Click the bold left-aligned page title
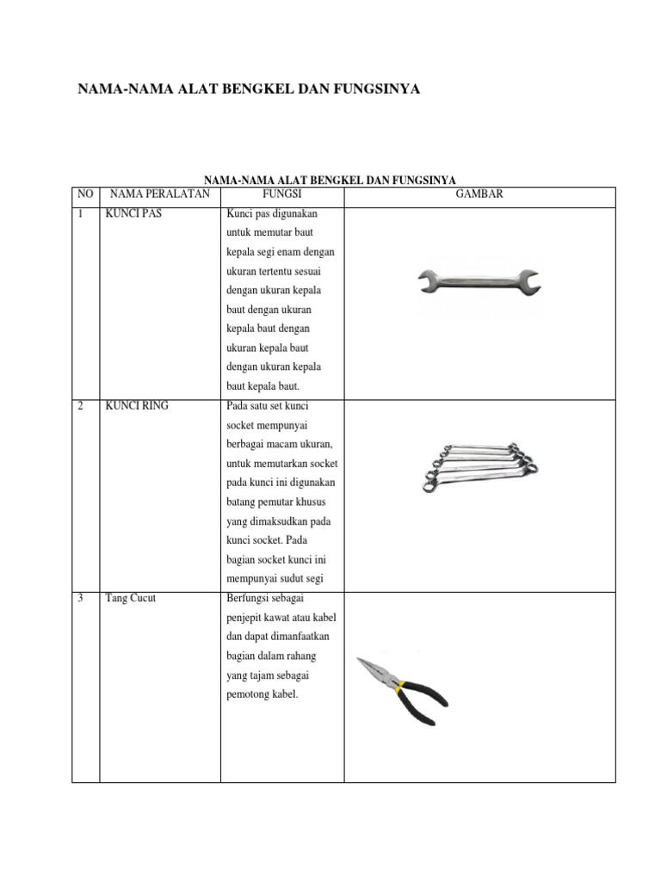(250, 89)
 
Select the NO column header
(85, 194)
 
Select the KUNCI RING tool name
(137, 406)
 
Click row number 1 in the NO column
(80, 214)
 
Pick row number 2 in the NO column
(80, 406)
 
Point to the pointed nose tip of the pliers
(361, 661)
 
